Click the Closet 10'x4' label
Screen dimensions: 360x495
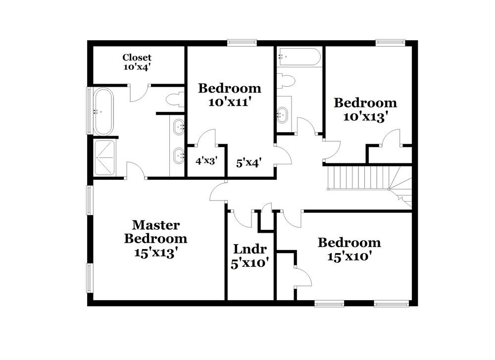pos(137,62)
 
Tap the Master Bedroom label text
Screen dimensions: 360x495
pos(155,239)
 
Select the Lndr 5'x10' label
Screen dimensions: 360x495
pos(250,256)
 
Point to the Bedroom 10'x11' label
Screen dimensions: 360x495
pos(229,96)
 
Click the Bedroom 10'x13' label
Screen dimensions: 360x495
pos(365,109)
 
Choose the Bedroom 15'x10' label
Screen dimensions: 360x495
pos(349,250)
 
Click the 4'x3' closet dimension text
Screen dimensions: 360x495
pos(206,161)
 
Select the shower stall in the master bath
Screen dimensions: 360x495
pos(105,157)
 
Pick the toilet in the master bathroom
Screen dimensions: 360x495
pos(174,100)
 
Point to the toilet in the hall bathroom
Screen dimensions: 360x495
pos(286,81)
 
